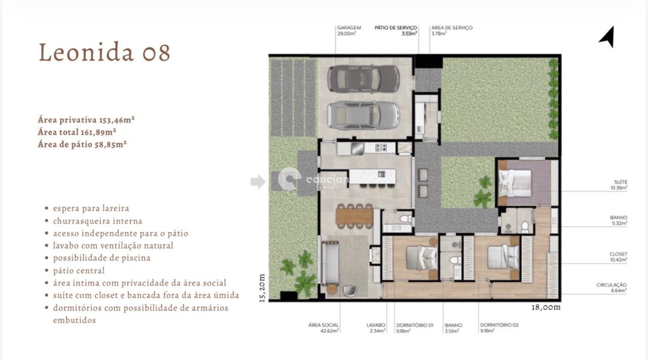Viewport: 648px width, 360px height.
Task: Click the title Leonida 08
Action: pos(104,53)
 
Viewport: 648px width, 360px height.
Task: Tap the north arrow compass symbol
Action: pos(607,36)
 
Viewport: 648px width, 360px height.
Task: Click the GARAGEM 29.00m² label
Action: pos(348,31)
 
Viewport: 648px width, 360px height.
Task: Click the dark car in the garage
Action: pos(363,78)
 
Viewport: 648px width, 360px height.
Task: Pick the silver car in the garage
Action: pos(363,115)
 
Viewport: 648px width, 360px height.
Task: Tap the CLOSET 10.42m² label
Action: pos(618,257)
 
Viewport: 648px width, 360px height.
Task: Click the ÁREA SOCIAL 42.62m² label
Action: pos(324,328)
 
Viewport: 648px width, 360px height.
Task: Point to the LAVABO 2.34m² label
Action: pos(376,328)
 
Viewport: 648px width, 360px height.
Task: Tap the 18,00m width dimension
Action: pos(546,307)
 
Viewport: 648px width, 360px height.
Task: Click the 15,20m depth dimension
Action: pos(262,288)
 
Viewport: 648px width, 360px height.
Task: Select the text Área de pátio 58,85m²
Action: pos(82,144)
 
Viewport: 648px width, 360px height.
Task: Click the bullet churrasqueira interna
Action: pos(97,221)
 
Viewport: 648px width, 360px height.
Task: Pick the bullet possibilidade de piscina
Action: pos(101,258)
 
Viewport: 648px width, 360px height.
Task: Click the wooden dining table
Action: pos(354,216)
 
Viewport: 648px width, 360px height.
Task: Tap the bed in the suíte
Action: pos(515,183)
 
